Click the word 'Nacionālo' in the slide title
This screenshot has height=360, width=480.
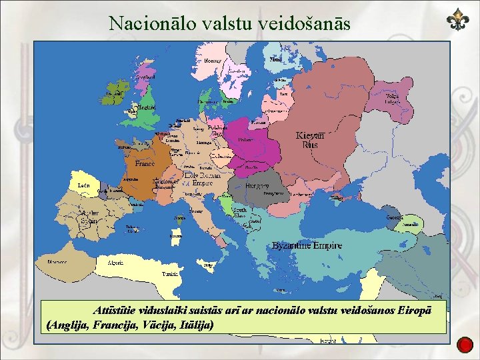click(144, 24)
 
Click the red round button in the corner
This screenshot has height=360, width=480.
click(465, 344)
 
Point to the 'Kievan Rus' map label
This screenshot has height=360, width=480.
click(310, 139)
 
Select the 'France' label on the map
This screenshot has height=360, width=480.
click(145, 163)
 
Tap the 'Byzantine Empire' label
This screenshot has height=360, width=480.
click(307, 245)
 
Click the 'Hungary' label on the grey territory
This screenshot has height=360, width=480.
click(257, 185)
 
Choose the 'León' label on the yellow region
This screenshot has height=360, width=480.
click(84, 184)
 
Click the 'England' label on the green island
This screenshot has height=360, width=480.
click(147, 107)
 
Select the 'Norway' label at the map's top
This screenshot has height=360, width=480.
click(213, 61)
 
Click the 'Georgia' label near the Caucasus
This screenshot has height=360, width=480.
click(394, 217)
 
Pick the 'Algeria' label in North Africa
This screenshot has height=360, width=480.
click(115, 263)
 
